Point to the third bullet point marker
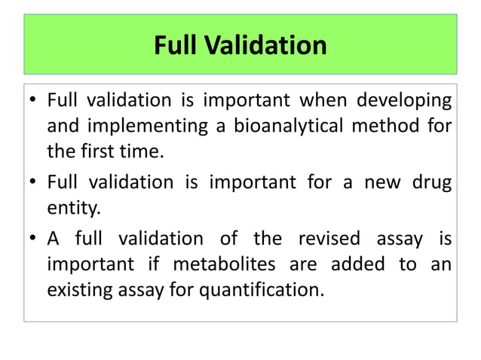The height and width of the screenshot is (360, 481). pyautogui.click(x=32, y=240)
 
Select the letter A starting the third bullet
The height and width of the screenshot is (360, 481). pyautogui.click(x=53, y=239)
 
